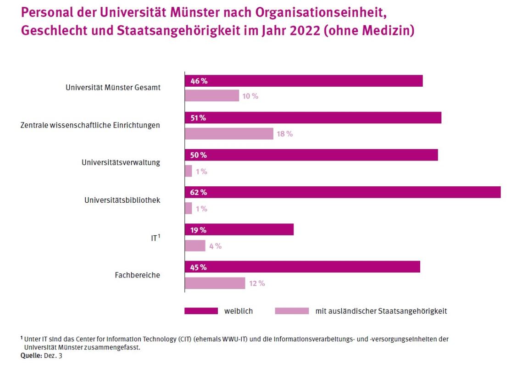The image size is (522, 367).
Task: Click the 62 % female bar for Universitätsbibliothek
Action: tap(342, 192)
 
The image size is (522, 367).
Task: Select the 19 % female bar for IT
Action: tap(239, 229)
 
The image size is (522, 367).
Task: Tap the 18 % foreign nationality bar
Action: tap(229, 133)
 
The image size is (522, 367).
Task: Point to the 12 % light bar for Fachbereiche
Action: tap(215, 283)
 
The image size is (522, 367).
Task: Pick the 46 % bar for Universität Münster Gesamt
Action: tap(303, 81)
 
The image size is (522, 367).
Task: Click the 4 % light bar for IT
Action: tap(195, 246)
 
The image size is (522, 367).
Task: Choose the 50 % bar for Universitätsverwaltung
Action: tap(311, 155)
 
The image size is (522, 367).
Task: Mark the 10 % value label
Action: tap(250, 96)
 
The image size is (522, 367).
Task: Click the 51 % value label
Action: tap(199, 118)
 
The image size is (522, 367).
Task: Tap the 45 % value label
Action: tap(199, 267)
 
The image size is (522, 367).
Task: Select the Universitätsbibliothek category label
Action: tap(122, 200)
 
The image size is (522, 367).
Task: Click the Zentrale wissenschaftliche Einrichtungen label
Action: tap(90, 125)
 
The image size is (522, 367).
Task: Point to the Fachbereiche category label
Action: tap(137, 275)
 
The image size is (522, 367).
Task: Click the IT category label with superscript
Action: tap(155, 238)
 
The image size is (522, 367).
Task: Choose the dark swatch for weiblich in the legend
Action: tap(201, 311)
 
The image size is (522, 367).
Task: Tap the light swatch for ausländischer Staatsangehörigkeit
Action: tap(292, 311)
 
